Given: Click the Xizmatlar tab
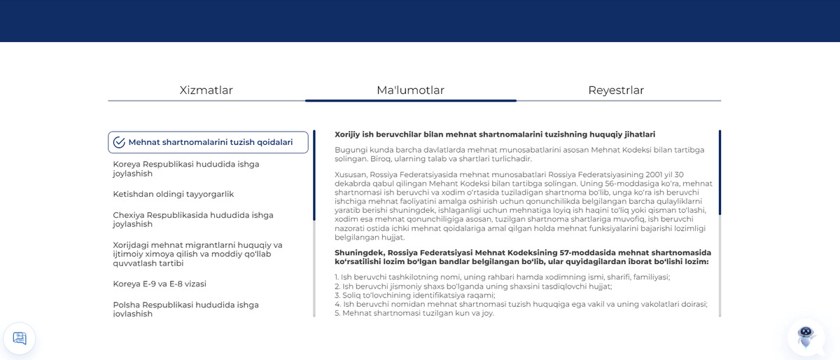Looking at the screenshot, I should coord(206,90).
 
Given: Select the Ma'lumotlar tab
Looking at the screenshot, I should coord(410,90).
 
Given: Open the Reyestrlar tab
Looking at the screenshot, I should coord(616,90).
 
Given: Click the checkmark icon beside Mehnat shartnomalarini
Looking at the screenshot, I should coord(119,142).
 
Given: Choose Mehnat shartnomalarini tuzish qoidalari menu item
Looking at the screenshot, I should coord(210,142).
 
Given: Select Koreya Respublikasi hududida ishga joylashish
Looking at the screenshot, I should coord(186,169).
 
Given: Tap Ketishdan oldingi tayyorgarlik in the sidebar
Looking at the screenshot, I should coord(174,194).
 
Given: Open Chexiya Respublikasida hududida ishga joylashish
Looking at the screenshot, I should coord(193,219).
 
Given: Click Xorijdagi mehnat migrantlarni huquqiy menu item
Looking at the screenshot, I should coord(197,254).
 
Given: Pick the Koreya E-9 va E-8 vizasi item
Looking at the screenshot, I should coord(160,284).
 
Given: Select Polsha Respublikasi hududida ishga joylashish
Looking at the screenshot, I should coord(186,309).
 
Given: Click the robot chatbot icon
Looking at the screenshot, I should coord(806,337).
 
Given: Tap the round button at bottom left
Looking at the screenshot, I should coord(20,338).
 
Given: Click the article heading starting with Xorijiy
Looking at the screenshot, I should coord(495,134).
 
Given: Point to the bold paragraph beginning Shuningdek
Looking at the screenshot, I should coord(522,257).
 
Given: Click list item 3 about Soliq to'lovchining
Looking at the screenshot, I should coord(414,296).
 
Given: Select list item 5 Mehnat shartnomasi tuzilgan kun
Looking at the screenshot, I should coord(414,313).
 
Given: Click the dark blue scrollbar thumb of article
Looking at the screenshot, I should coord(720,172).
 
